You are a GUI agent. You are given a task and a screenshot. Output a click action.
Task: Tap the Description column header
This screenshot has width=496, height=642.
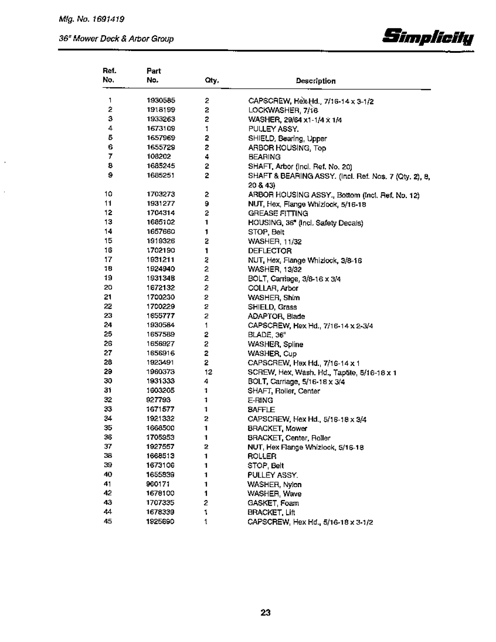coord(316,81)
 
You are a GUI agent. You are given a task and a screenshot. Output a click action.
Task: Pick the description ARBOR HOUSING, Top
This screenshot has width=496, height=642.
coord(287,148)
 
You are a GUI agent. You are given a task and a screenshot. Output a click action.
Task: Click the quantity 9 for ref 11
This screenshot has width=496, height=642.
coord(207,204)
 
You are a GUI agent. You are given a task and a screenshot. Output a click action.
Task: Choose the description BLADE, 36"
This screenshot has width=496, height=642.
coord(263,335)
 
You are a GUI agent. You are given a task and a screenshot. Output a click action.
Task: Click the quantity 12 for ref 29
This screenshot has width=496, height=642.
coord(207,372)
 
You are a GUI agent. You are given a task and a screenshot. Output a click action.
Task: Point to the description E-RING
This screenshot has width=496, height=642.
coord(260,400)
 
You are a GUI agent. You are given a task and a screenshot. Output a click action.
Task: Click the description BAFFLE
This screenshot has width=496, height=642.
coord(261,409)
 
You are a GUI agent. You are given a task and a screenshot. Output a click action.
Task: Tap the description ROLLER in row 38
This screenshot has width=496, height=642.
coord(262,456)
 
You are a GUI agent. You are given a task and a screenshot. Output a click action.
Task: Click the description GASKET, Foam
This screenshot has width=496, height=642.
coord(273,503)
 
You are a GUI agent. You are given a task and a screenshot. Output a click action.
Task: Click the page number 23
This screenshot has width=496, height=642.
coord(265,613)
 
